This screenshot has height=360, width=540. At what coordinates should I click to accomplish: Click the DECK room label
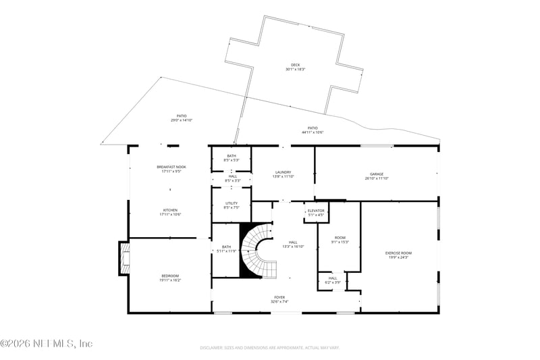click(x=295, y=65)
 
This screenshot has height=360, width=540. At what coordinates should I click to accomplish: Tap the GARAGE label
click(x=377, y=174)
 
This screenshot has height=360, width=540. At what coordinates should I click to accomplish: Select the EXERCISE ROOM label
click(x=398, y=253)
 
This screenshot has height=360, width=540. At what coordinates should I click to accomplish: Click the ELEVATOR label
click(x=316, y=211)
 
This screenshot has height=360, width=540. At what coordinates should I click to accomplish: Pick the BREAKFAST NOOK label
click(x=171, y=167)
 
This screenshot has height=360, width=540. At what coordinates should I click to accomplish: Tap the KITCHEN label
click(x=170, y=210)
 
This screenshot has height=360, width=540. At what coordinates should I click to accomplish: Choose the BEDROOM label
click(x=170, y=276)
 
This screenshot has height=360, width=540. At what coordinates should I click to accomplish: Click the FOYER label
click(x=279, y=297)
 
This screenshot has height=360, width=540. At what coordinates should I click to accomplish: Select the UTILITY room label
click(x=232, y=203)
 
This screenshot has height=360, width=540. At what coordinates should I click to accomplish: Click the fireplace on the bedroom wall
click(x=124, y=259)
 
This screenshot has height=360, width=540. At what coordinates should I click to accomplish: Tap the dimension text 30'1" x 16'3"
click(x=295, y=70)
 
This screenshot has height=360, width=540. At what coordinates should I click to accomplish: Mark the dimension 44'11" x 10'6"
click(x=313, y=132)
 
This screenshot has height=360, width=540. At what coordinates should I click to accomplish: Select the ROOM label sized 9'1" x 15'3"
click(x=339, y=238)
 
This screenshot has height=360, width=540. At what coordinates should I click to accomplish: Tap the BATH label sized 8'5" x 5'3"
click(x=232, y=156)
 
